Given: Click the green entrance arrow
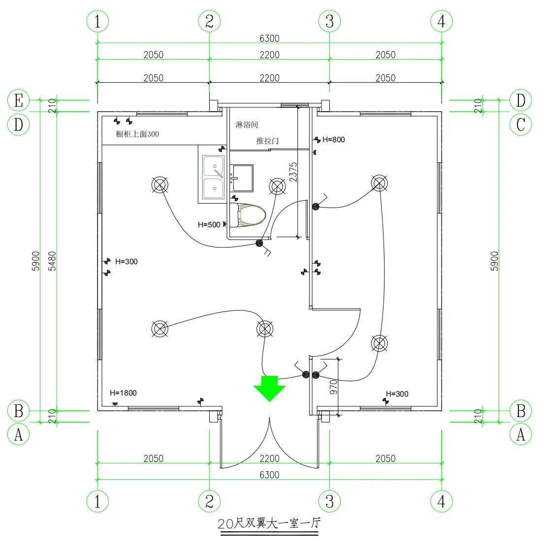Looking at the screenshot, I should click(269, 387).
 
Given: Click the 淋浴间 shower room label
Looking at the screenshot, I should click(246, 125).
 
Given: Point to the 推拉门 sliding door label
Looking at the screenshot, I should click(267, 141).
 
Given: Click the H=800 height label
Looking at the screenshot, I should click(333, 140).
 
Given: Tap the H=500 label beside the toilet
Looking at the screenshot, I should click(209, 225).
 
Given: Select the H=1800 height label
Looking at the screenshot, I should click(123, 393).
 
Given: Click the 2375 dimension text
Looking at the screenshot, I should click(293, 172).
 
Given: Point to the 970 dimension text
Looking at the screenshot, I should click(333, 387).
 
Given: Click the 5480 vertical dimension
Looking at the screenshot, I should click(52, 261).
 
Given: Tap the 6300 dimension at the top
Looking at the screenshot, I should click(269, 38).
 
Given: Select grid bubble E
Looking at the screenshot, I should click(19, 100).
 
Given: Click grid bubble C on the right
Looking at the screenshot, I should click(521, 124).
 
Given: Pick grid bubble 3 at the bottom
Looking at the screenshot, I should click(329, 501).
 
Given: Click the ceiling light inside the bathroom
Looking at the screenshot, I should click(277, 186).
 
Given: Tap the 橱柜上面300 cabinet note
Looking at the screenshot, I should click(137, 134).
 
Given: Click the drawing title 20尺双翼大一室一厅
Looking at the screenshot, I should click(269, 523).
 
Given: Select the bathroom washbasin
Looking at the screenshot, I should click(242, 178).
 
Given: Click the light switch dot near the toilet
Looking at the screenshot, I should click(259, 243).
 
